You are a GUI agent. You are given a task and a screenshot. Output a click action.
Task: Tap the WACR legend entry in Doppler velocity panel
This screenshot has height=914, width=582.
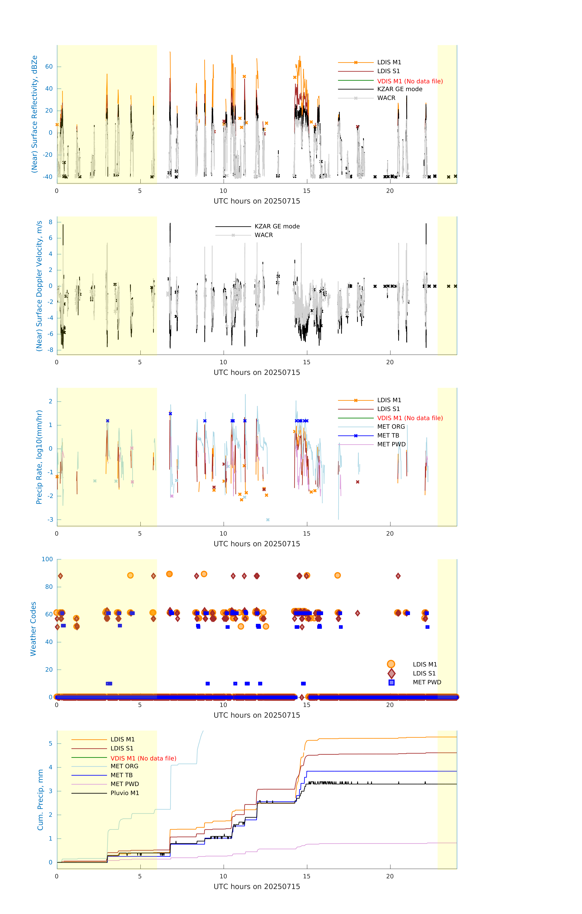click(264, 235)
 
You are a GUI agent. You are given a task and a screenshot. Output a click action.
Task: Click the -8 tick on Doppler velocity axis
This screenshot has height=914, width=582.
click(50, 350)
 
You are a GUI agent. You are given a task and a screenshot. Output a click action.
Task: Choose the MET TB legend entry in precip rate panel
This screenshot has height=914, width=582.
click(388, 435)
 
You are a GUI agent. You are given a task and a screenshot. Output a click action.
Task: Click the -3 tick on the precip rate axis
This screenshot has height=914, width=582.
click(50, 520)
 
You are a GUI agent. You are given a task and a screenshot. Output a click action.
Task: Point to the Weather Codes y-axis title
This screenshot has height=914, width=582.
click(33, 629)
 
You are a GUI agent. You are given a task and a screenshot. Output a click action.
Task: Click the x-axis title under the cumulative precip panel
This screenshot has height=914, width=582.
click(257, 887)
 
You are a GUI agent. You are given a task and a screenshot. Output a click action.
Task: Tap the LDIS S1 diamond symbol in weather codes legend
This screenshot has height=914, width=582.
click(391, 673)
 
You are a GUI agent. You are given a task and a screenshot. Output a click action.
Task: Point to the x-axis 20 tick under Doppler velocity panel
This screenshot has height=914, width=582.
click(390, 362)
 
